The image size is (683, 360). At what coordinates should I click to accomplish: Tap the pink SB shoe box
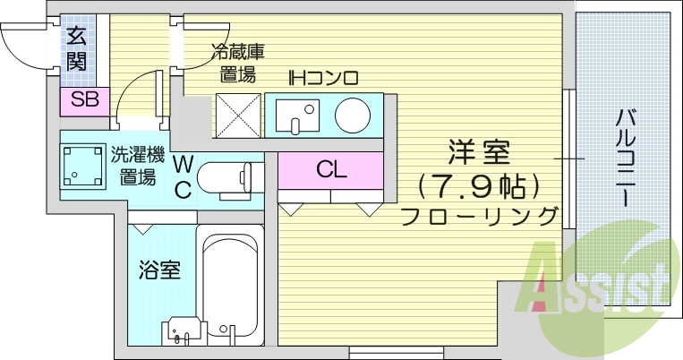pos(84,99)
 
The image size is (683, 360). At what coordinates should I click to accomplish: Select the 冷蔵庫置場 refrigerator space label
pos(237,63)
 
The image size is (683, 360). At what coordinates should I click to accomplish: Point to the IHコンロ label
pos(322,78)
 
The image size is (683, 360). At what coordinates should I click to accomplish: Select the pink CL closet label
pos(331,169)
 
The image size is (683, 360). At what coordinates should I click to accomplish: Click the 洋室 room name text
pos(478,155)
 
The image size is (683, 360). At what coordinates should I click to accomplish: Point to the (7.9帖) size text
pos(480,185)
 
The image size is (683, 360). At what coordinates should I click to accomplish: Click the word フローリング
pos(480,216)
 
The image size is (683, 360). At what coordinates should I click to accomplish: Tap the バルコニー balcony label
pos(626,157)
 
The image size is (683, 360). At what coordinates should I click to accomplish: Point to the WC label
pos(182,176)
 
